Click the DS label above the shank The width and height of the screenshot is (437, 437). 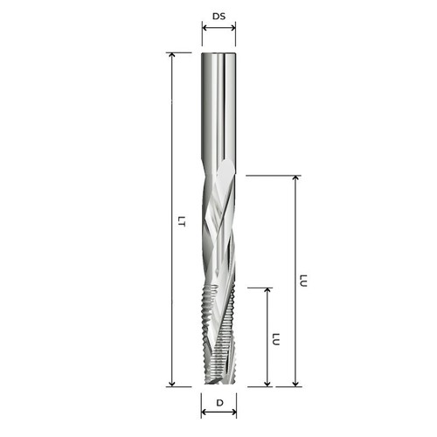218,17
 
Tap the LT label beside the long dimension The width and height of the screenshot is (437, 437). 182,221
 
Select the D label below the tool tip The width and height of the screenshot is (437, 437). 219,403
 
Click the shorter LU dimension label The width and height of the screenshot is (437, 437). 275,339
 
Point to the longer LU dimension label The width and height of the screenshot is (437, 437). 303,281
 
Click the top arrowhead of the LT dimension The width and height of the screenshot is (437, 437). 172,56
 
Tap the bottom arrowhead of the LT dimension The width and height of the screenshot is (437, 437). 172,384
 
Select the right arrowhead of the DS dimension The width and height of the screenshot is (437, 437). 232,28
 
